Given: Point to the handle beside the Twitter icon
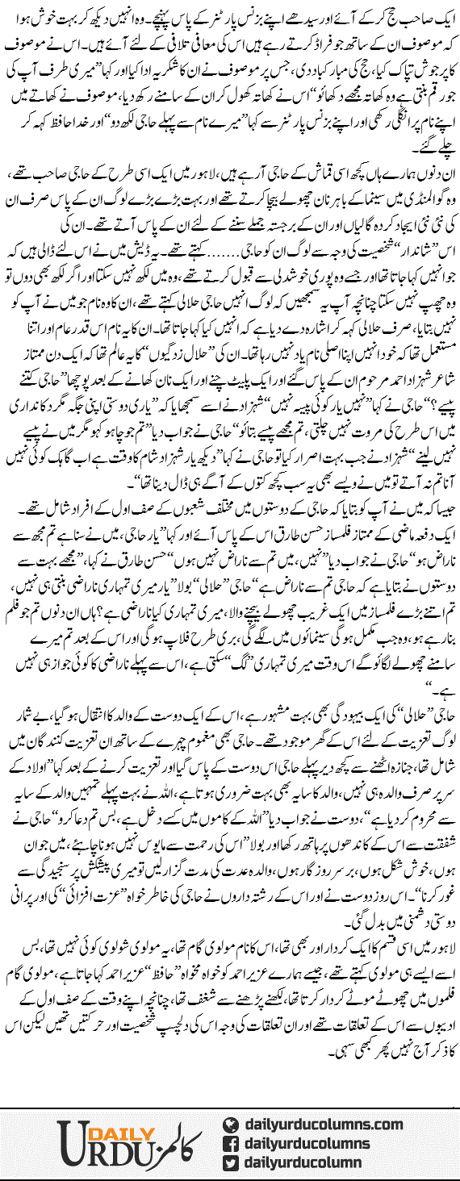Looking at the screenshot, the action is pos(307,1164).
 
